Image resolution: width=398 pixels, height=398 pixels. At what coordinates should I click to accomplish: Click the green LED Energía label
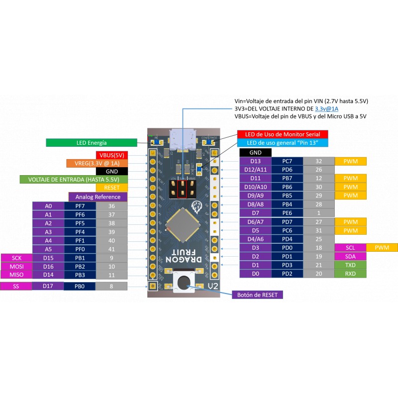point(92,143)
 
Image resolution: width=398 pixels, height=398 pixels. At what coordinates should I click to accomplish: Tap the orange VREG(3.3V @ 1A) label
point(97,163)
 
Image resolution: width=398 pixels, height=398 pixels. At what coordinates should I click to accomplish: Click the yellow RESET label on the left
point(112,188)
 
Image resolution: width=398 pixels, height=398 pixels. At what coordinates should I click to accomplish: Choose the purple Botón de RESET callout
point(257,295)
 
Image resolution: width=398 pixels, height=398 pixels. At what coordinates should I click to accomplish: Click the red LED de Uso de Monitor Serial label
point(282,134)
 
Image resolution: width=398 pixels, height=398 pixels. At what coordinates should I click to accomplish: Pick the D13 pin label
point(255,161)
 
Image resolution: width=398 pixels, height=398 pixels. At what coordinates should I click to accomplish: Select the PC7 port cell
point(287,161)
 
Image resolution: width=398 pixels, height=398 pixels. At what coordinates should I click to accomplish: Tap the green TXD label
point(351,265)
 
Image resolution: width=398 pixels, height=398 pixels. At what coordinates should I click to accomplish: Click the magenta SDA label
point(351,256)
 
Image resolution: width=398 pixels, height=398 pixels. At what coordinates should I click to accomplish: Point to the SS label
point(16,286)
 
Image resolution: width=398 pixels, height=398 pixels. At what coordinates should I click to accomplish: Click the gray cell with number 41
point(111,249)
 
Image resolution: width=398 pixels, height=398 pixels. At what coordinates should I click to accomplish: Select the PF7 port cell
point(80,206)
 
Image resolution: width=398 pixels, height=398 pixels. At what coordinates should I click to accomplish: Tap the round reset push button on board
point(183,281)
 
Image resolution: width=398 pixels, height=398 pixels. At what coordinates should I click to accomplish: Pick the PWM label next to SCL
point(382,247)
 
